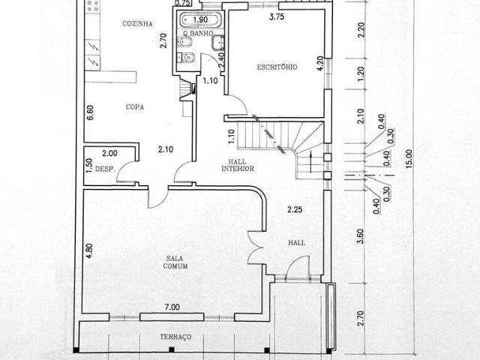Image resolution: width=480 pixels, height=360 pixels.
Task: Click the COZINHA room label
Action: point(137,24)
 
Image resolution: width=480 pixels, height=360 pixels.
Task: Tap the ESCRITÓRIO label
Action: point(277,67)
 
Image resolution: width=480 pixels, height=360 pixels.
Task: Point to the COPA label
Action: point(134,107)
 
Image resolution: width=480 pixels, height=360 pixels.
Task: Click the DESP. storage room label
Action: point(105,169)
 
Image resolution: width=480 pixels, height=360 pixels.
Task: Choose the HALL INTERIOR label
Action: point(238,164)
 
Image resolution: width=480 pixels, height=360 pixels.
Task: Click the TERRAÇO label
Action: point(175,337)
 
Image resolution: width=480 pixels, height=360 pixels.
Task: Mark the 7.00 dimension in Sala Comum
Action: point(172,307)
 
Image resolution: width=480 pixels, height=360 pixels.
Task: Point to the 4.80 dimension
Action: point(88,250)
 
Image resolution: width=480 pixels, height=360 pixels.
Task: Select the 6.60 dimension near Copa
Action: point(89,112)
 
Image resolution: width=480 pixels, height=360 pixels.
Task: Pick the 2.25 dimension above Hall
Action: point(295,210)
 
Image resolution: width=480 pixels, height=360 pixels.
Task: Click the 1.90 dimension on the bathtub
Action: point(200,20)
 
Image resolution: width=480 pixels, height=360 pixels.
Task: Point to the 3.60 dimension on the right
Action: point(360,235)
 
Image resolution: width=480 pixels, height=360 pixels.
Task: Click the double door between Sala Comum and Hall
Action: point(255,247)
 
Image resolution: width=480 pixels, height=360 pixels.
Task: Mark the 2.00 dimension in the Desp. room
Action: point(109,152)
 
